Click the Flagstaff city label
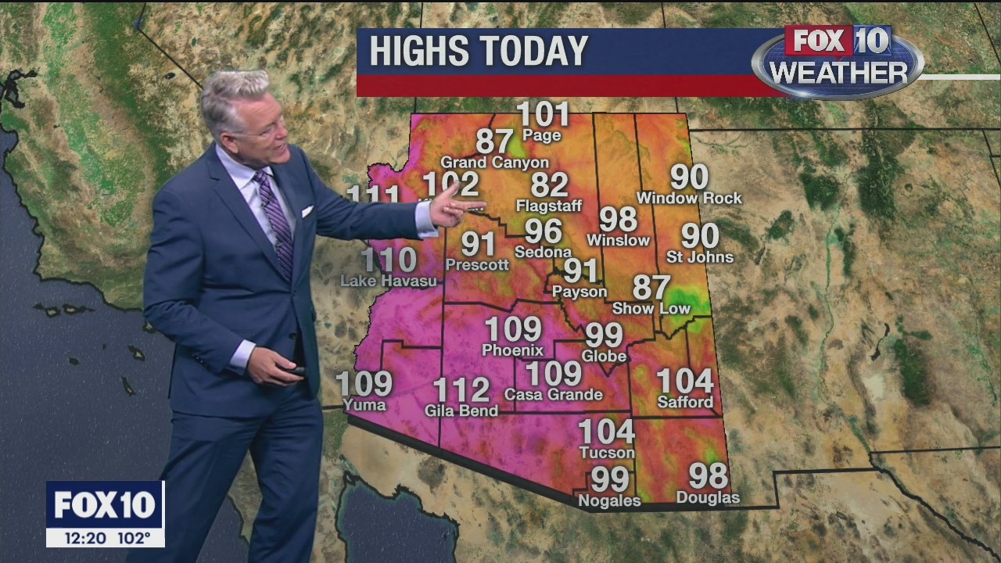(549, 206)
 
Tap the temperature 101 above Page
(543, 115)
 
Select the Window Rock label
(689, 199)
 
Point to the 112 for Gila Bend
(461, 389)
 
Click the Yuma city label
(364, 404)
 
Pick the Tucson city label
(607, 453)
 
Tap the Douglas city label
(708, 497)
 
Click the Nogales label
(609, 500)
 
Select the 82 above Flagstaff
(549, 185)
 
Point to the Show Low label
(651, 308)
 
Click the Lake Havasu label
(389, 280)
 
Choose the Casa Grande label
(554, 395)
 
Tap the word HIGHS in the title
(419, 52)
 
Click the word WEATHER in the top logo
(838, 73)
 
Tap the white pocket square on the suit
(307, 210)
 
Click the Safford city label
(685, 402)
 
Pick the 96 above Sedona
(543, 231)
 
